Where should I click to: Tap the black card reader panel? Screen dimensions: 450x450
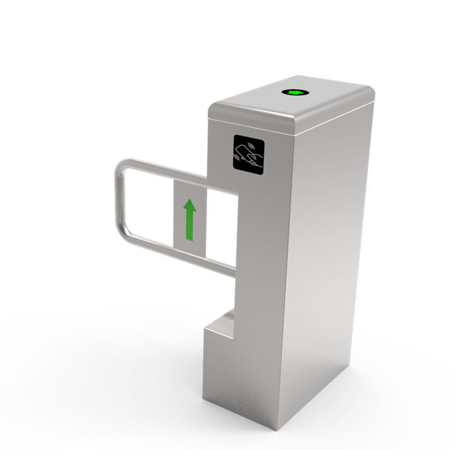click(248, 154)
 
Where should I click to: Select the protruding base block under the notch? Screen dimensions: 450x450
click(222, 364)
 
